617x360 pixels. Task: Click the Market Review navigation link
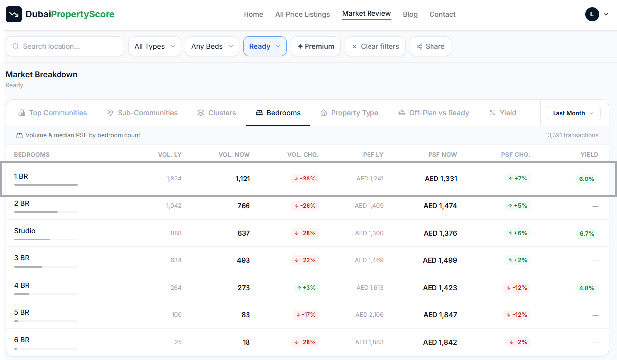[x=367, y=13]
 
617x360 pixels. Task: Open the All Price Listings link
[x=303, y=14]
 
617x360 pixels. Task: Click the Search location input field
[x=65, y=46]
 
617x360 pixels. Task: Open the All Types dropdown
[x=155, y=46]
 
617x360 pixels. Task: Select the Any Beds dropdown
[x=212, y=46]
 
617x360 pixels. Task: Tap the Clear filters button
[x=375, y=46]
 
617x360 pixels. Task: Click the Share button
[x=430, y=46]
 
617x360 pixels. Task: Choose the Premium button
[x=315, y=46]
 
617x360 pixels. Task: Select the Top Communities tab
[x=53, y=113]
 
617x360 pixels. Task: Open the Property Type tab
[x=349, y=113]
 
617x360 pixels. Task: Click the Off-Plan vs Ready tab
[x=433, y=113]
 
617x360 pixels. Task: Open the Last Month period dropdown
[x=573, y=113]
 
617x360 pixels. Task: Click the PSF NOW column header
[x=442, y=155]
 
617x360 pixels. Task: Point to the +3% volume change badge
[x=306, y=288]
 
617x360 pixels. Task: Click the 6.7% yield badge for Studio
[x=587, y=233]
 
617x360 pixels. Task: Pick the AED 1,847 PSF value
[x=440, y=315]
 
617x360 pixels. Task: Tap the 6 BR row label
[x=22, y=340]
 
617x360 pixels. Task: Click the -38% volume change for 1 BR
[x=305, y=179]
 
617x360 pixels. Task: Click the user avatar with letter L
[x=592, y=14]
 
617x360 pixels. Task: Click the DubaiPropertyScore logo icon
[x=14, y=14]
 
